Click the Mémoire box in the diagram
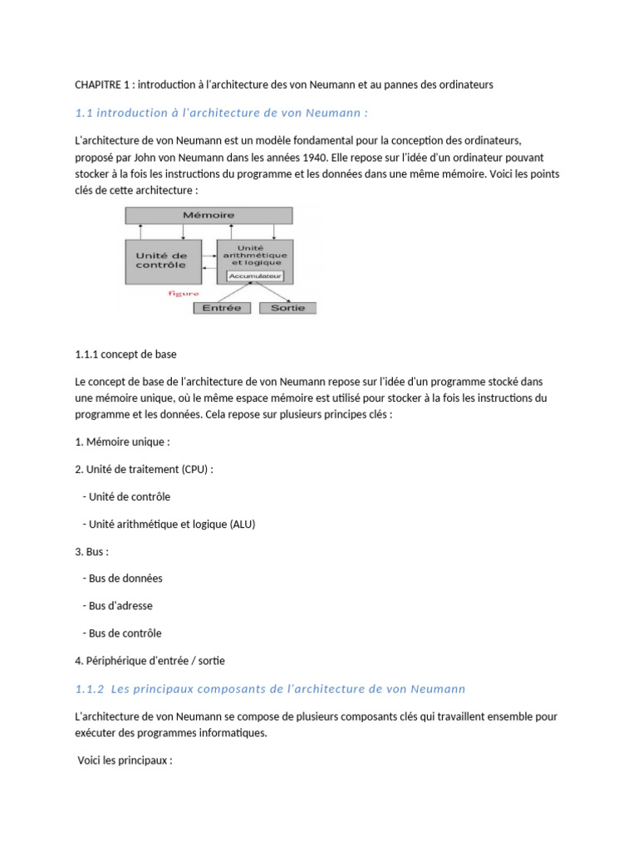coord(209,215)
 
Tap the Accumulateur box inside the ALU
coord(255,276)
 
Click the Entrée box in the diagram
coord(222,308)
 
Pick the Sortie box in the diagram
coord(287,308)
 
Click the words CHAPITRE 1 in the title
coord(101,84)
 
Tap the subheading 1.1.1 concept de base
coord(125,354)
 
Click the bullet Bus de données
coord(125,579)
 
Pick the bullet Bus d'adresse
coord(120,606)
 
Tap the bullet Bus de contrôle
coord(125,633)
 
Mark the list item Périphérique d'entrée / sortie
coord(150,661)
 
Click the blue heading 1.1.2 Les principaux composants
coord(270,689)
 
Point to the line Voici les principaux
coord(125,760)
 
